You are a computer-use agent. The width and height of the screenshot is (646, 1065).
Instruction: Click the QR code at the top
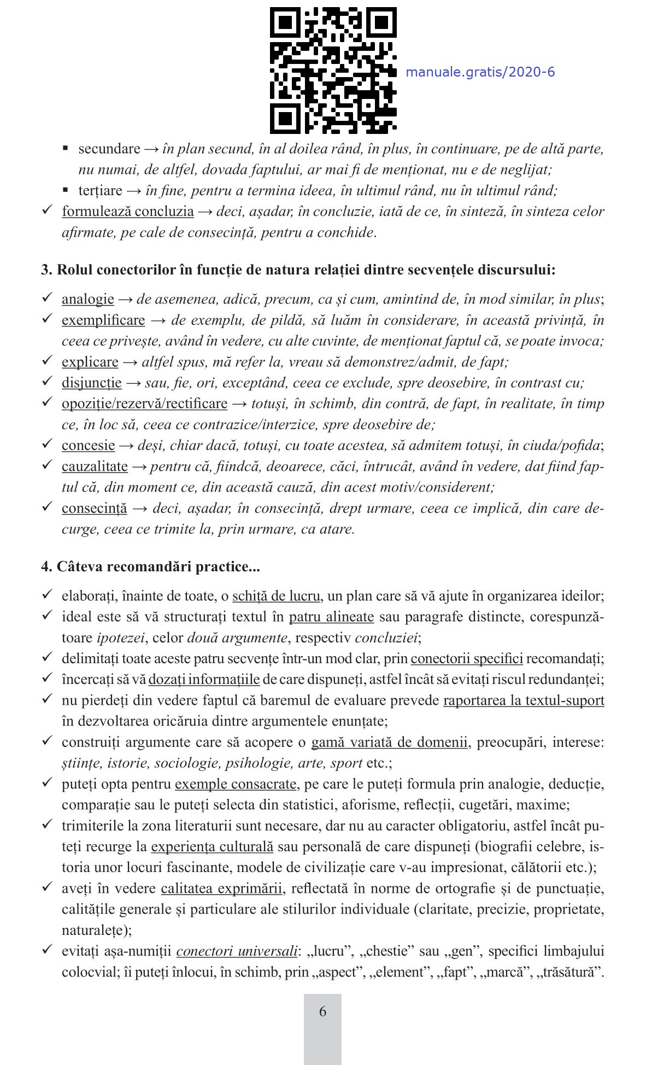point(333,71)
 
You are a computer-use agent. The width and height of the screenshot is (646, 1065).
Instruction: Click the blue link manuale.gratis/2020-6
point(480,72)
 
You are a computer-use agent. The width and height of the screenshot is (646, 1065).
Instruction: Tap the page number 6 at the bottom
point(322,1011)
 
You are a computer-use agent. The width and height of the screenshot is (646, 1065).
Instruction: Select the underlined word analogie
point(87,299)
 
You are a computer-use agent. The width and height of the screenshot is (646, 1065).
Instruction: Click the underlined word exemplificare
point(103,320)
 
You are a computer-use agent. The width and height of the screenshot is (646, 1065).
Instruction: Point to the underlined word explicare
point(90,362)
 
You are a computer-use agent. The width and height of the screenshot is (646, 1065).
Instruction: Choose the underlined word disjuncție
point(91,383)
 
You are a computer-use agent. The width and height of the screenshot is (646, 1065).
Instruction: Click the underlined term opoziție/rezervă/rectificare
point(144,403)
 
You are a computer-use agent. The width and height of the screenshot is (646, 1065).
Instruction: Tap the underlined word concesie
point(88,446)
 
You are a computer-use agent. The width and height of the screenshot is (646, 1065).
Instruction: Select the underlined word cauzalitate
point(95,466)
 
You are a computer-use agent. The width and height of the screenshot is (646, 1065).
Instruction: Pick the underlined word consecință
point(94,508)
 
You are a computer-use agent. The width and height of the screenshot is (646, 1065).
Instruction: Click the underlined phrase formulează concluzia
point(128,212)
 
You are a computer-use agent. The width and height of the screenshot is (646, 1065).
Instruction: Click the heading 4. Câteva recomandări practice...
point(150,566)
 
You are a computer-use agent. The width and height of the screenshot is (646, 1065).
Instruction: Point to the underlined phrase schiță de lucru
point(276,596)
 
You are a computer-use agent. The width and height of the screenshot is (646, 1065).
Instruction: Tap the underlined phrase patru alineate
point(331,617)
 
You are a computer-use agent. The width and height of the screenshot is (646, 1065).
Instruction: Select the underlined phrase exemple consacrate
point(236,784)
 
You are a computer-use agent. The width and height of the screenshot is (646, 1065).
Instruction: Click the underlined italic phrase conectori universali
point(237,951)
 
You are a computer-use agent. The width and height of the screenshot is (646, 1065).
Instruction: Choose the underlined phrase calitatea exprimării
point(221,888)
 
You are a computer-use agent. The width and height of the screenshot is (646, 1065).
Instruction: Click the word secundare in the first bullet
point(109,149)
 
